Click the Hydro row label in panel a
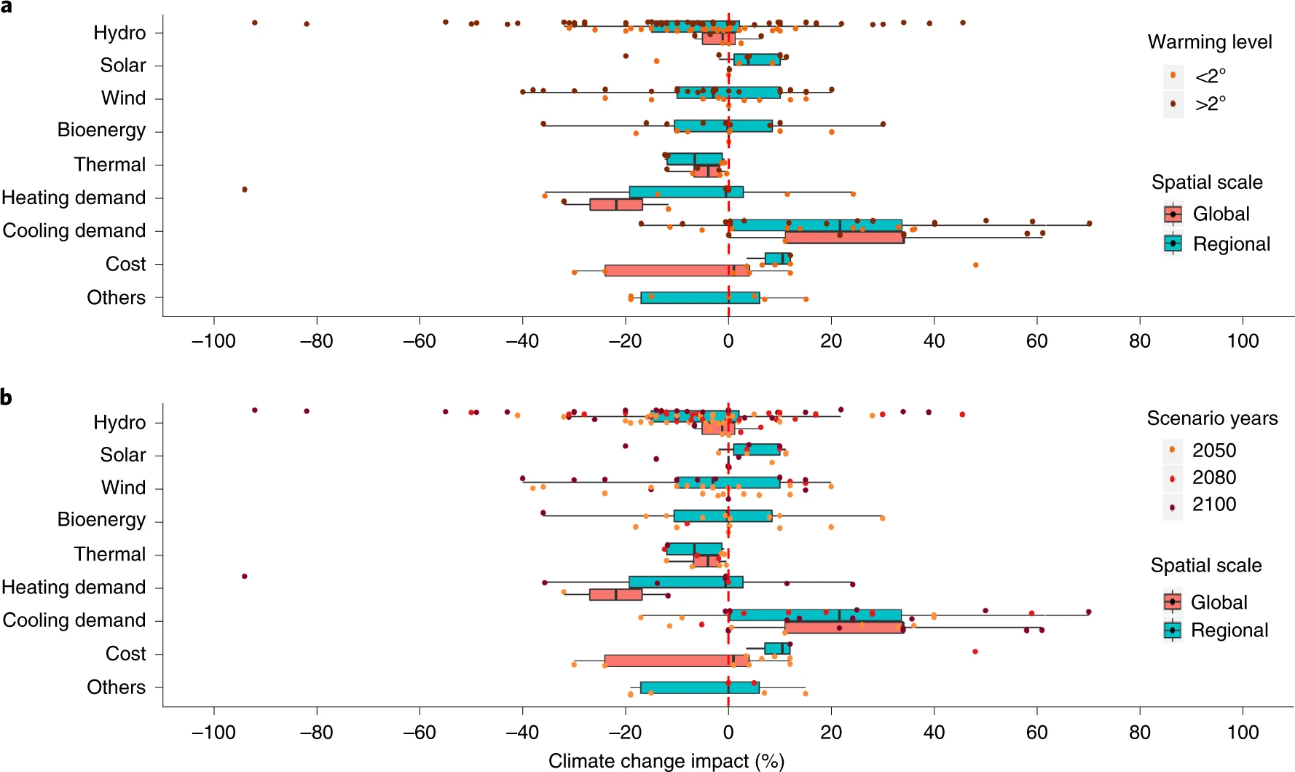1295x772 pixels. [x=119, y=33]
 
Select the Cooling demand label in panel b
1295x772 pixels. [x=74, y=620]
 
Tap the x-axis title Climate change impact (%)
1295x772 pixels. [x=666, y=761]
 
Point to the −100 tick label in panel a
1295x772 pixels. [x=213, y=341]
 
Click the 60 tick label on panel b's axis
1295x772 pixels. [x=1036, y=732]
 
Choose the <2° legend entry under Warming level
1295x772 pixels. [x=1210, y=76]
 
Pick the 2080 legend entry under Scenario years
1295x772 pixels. [x=1213, y=477]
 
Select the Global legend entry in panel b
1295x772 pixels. [x=1219, y=602]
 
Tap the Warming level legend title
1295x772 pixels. [x=1210, y=42]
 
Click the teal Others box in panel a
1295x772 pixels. [x=700, y=297]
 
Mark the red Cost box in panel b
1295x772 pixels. [x=676, y=660]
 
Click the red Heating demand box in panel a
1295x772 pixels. [x=616, y=204]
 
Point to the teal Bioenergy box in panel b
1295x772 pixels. [x=723, y=516]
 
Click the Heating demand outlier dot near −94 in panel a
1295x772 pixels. [x=245, y=190]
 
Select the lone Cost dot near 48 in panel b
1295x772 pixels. [x=975, y=651]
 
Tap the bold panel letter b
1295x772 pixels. [x=7, y=398]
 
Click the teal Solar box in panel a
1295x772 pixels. [x=757, y=60]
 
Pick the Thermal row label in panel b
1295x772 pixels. [x=110, y=555]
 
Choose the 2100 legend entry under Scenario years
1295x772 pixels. [x=1213, y=504]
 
